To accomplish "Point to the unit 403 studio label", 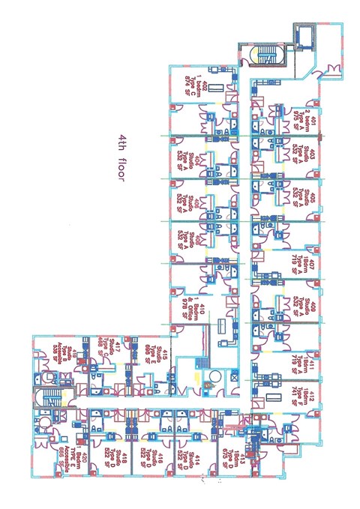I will (301, 158).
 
